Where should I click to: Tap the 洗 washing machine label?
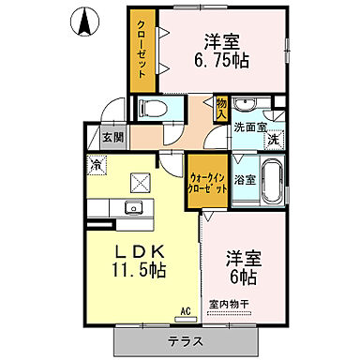(272, 140)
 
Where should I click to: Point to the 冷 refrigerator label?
(97, 165)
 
